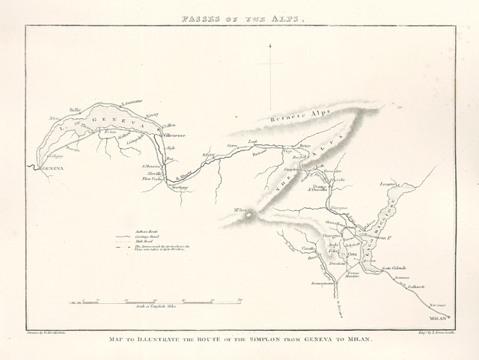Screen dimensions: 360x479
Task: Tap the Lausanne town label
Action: click(x=132, y=102)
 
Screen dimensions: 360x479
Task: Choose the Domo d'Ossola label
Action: click(x=318, y=188)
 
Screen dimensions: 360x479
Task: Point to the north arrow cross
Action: click(x=270, y=64)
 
